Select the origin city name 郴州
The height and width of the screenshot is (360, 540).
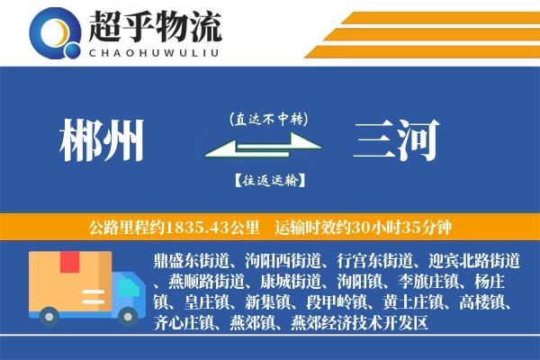101,141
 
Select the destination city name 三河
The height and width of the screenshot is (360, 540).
397,141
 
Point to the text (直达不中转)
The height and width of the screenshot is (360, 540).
267,118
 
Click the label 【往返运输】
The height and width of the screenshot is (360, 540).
267,180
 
